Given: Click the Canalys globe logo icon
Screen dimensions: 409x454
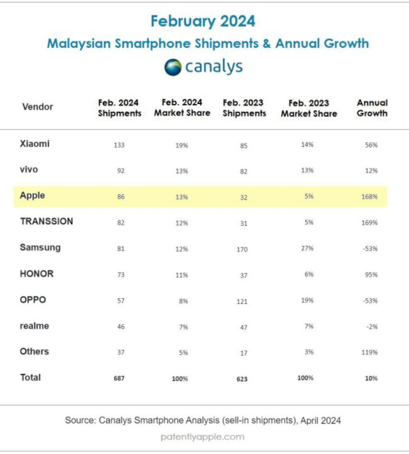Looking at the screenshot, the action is click(x=173, y=67).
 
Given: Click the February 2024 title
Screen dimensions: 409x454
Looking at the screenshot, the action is click(x=203, y=21).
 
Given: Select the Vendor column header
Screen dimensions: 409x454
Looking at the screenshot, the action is click(x=38, y=107).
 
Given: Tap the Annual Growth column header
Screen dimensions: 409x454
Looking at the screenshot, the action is click(x=372, y=108).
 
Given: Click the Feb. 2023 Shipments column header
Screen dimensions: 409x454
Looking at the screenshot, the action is click(x=244, y=108).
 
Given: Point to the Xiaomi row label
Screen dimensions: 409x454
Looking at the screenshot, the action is click(x=35, y=144).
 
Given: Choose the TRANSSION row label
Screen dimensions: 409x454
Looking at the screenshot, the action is click(x=46, y=222).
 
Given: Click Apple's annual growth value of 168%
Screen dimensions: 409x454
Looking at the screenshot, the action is click(x=370, y=197).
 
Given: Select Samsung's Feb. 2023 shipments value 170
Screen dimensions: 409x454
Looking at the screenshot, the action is click(x=242, y=249).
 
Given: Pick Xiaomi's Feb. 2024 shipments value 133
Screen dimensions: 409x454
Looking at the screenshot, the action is click(x=119, y=145).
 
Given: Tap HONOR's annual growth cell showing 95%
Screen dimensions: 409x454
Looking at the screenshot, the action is click(x=371, y=275).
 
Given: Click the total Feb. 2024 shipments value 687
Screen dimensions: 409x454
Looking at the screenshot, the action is click(x=119, y=379).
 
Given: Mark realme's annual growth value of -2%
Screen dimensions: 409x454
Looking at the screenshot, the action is click(x=372, y=327).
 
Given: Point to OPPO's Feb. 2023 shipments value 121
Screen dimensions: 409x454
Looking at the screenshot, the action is click(x=242, y=301).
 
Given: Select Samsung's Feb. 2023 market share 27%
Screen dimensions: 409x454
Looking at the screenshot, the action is click(x=307, y=248).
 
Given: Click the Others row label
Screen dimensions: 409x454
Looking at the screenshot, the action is click(x=35, y=352).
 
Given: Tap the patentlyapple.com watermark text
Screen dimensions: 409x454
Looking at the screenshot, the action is click(x=202, y=437).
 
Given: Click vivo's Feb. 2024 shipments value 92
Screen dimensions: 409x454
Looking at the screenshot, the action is click(x=121, y=171).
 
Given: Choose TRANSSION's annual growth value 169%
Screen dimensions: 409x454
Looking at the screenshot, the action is click(x=370, y=223).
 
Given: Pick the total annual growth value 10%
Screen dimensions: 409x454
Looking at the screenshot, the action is click(x=371, y=379).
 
